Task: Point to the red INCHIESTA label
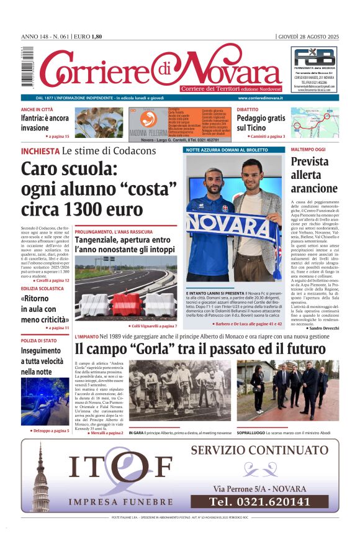click(40, 151)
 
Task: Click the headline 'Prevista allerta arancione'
click(313, 175)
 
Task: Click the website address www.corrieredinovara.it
click(260, 98)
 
